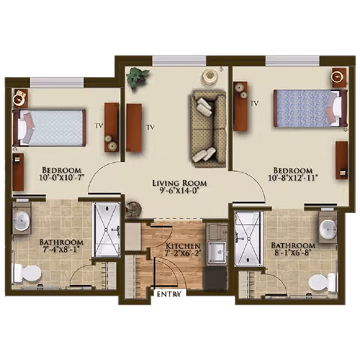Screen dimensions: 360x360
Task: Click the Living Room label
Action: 179,187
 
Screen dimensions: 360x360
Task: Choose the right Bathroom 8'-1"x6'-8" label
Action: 292,250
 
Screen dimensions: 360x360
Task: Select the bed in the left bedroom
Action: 49,127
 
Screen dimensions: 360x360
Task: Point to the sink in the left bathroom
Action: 22,220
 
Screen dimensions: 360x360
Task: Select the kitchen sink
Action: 217,253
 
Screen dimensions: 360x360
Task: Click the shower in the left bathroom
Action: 105,229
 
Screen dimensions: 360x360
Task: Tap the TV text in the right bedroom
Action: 255,103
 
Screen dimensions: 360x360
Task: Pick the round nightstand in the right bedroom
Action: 339,76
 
